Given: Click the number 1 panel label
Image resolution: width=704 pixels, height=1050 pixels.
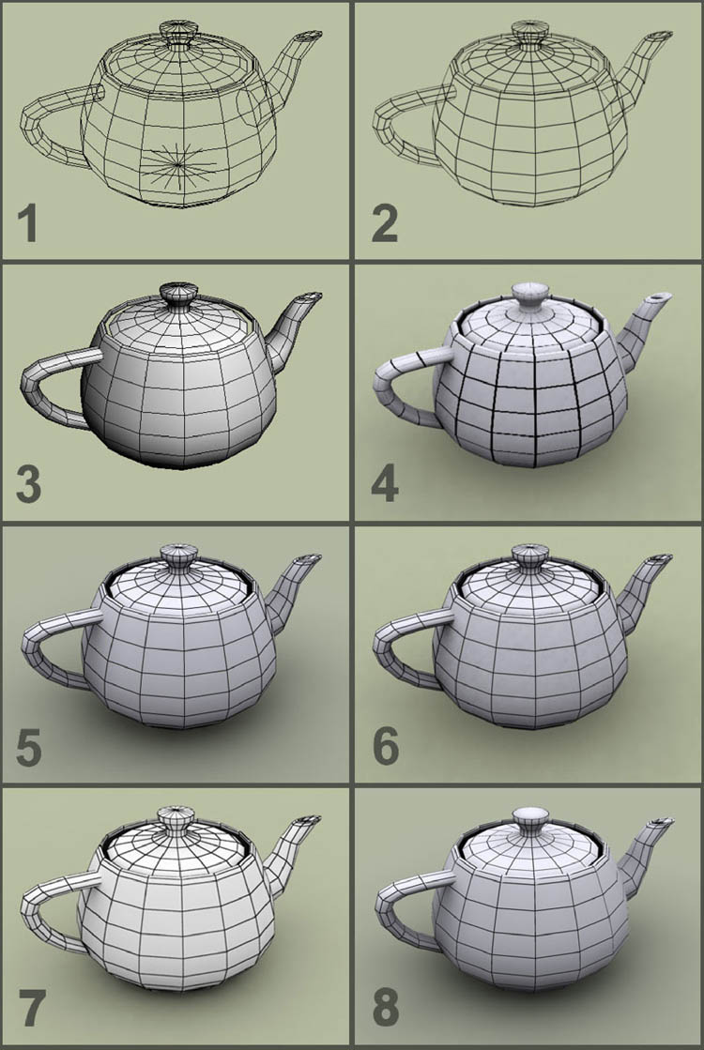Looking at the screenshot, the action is point(27,223).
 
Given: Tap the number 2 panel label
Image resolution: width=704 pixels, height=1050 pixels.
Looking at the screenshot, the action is point(385,223).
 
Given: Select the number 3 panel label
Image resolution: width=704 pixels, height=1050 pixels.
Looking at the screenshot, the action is point(28,485).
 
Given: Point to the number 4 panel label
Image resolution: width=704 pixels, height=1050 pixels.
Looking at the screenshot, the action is point(385,485).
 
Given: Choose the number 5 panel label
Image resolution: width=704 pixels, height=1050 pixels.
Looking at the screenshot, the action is point(29,747).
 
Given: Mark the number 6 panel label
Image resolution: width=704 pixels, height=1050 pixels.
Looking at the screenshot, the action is point(386,747).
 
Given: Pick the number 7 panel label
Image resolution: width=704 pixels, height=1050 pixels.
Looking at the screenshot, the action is point(29,1009).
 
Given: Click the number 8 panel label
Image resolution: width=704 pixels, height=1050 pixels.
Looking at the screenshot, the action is point(386,1009).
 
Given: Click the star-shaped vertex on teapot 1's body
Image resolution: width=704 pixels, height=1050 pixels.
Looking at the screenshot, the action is point(179,162).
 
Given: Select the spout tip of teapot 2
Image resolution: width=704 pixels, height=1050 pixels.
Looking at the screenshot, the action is point(661,36).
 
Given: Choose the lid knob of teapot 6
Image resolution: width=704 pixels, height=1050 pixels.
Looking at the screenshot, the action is point(529,555).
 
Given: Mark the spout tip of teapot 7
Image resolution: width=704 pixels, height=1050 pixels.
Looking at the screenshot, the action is point(310,820).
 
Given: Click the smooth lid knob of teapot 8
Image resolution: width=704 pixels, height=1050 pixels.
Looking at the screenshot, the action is point(529,819).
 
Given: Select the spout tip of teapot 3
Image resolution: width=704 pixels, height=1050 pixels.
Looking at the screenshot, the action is point(310,297).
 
